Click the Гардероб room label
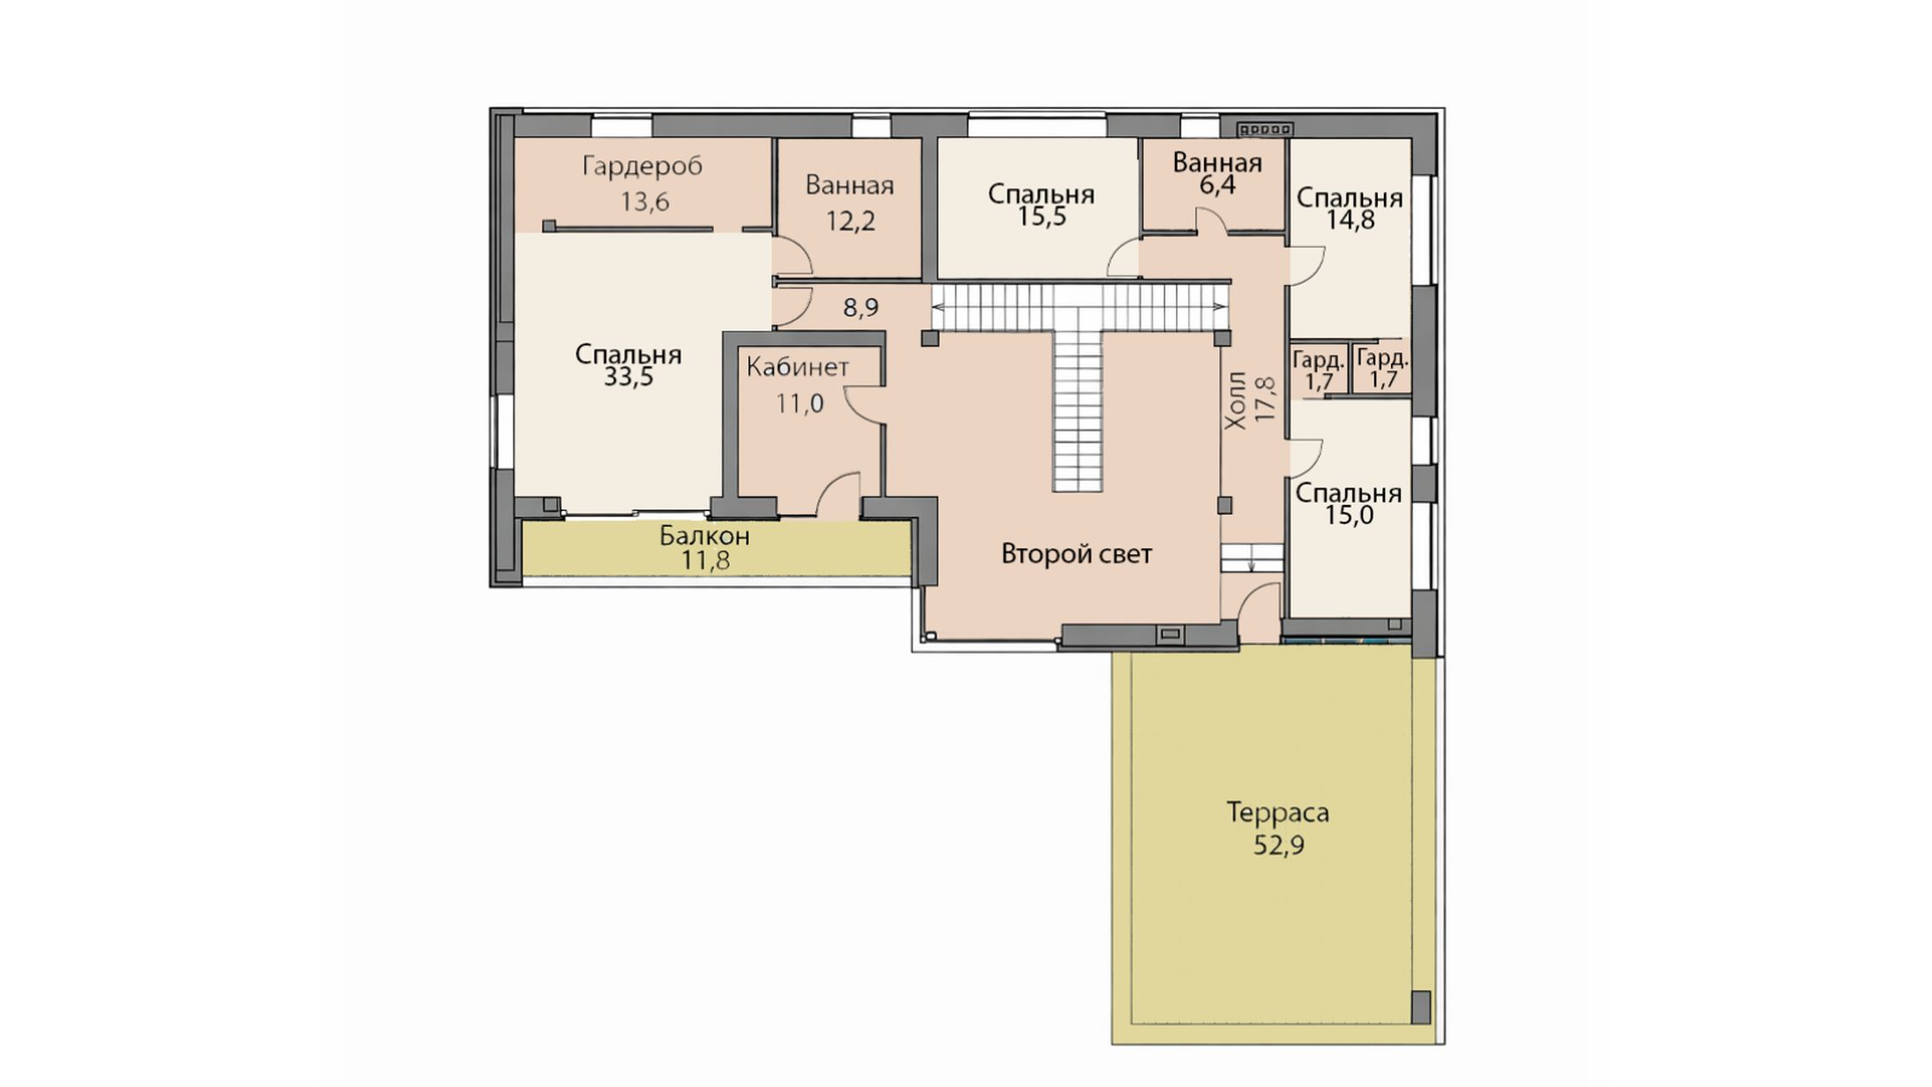click(642, 166)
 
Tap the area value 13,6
click(645, 203)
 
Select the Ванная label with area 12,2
click(849, 185)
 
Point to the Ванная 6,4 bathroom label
click(1216, 174)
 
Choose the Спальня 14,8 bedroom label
click(1350, 209)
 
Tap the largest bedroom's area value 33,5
click(629, 378)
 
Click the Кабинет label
click(797, 367)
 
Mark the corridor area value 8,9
click(861, 308)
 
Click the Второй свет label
click(1077, 554)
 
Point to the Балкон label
click(705, 535)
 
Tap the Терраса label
click(1278, 813)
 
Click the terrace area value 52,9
click(1279, 846)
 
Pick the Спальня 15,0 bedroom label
click(1349, 504)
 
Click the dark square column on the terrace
click(1420, 1006)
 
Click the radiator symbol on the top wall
click(1265, 129)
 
